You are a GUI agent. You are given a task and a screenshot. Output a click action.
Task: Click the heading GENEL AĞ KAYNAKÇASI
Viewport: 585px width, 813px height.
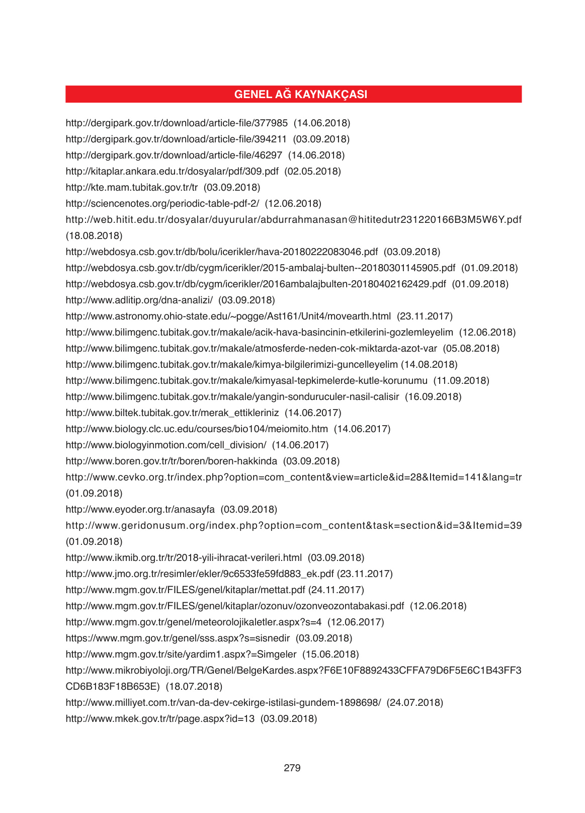point(300,95)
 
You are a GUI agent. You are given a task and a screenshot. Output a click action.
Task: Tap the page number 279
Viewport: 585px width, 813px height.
point(292,768)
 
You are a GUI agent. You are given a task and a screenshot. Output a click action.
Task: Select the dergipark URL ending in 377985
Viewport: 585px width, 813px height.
point(177,123)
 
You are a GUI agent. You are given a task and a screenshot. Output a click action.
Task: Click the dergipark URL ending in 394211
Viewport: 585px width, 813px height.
point(176,139)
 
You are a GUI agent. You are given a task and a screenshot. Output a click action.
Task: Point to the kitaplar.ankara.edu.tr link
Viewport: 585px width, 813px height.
point(172,172)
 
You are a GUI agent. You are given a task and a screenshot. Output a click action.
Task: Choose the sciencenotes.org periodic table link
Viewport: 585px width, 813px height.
point(162,204)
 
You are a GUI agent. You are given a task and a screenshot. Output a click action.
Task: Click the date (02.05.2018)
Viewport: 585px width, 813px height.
point(313,172)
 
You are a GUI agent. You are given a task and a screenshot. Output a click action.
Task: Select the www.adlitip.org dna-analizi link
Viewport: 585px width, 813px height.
point(139,300)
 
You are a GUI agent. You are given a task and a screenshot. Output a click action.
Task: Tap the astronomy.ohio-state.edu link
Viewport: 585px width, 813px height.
point(228,316)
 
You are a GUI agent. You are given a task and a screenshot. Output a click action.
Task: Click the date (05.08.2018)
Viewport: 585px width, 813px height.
point(471,349)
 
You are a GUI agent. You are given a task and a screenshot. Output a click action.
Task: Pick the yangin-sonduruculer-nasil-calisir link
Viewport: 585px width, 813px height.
point(232,397)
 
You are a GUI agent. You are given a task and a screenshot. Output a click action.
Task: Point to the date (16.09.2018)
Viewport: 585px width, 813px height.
point(434,397)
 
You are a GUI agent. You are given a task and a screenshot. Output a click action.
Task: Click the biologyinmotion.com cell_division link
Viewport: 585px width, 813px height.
point(166,445)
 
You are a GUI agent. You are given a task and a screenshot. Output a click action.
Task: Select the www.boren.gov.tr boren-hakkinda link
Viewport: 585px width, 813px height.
point(172,461)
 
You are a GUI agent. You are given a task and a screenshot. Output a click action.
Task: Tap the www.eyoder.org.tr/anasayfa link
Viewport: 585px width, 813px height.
point(140,510)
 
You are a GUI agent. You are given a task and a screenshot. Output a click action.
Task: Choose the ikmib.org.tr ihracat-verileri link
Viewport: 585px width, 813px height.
point(184,558)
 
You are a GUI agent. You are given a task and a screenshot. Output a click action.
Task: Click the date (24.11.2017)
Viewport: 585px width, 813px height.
point(336,590)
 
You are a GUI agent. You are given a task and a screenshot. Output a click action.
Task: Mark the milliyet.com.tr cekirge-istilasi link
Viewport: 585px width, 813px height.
point(223,703)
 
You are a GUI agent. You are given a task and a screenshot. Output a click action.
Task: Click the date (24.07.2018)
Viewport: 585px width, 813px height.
point(415,703)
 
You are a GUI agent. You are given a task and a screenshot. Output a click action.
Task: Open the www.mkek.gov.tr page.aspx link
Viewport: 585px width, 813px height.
point(160,719)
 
